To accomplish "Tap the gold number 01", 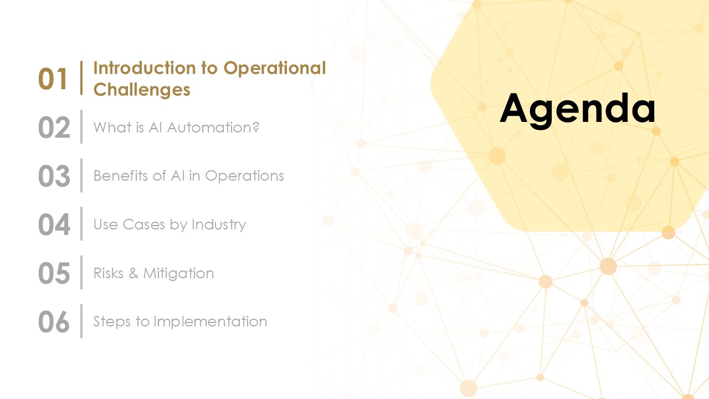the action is [x=53, y=79].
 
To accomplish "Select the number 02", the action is [x=54, y=127].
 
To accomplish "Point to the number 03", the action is [x=54, y=176].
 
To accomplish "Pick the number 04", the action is [x=54, y=224].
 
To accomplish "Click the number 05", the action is [x=54, y=273].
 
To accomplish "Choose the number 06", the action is [x=54, y=322].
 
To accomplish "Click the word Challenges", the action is [x=142, y=89].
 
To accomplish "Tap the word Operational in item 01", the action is [x=275, y=68].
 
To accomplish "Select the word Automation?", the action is [x=213, y=127].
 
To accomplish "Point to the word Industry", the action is [x=219, y=225].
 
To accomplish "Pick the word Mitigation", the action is [x=178, y=274].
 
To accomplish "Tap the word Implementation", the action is [x=210, y=322].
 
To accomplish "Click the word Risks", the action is [x=109, y=273].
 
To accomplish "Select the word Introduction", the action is [x=145, y=68].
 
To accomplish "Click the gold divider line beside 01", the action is [x=81, y=78].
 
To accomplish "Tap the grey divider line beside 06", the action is [x=81, y=321].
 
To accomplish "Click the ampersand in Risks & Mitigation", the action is [x=133, y=273].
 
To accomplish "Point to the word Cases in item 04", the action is [x=143, y=224].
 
